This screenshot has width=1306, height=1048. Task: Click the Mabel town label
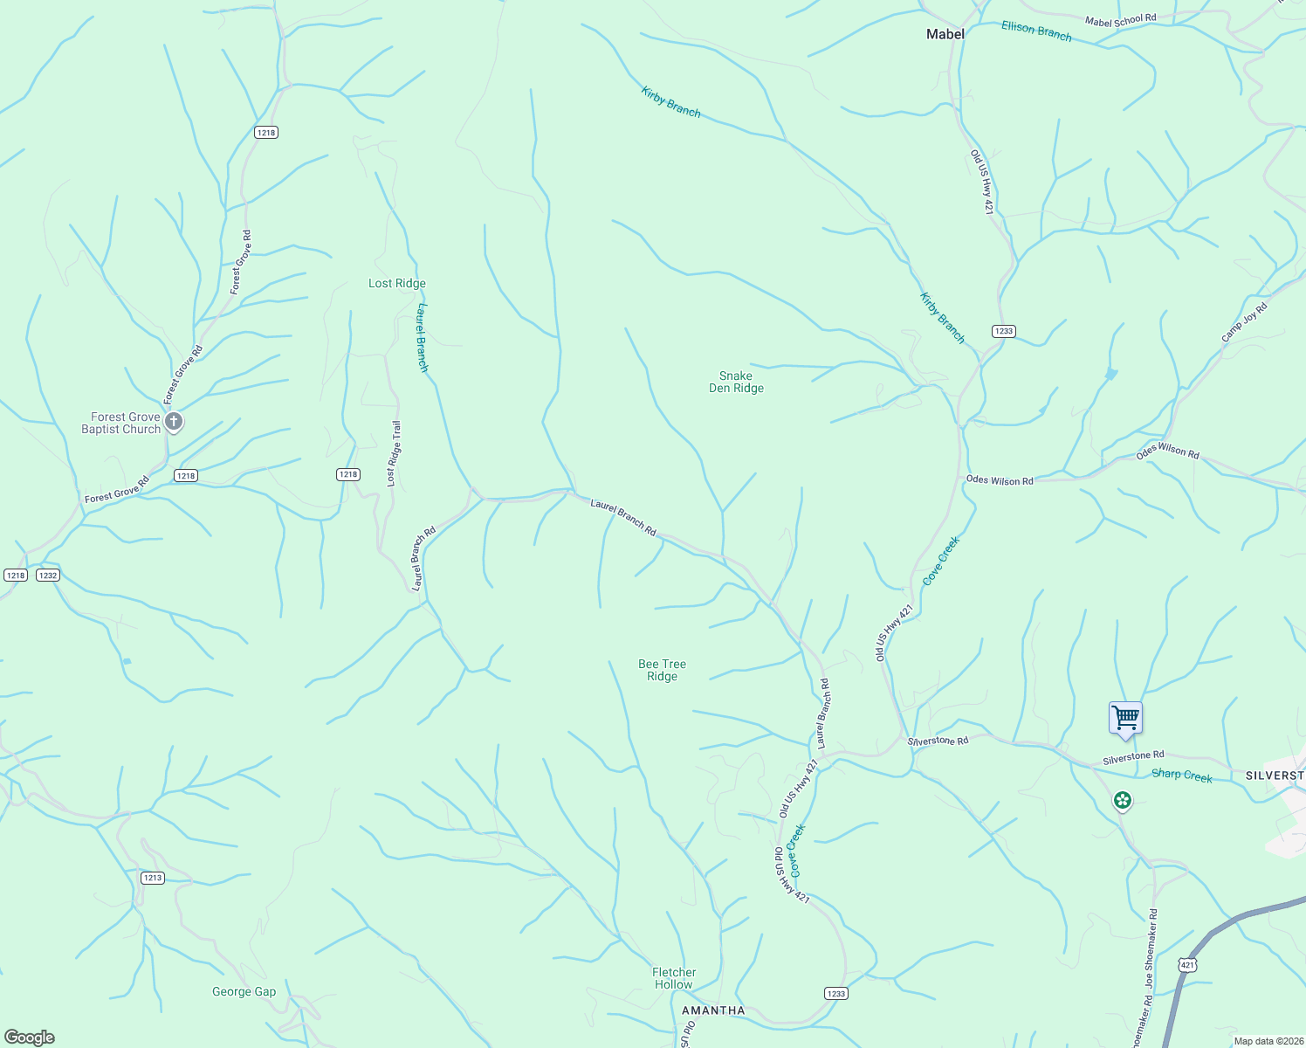pyautogui.click(x=945, y=34)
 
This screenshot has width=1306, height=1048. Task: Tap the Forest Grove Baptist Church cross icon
pyautogui.click(x=174, y=423)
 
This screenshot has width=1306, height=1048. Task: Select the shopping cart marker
pyautogui.click(x=1125, y=718)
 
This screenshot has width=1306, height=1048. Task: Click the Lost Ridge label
pyautogui.click(x=397, y=283)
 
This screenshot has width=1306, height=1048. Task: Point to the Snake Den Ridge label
pyautogui.click(x=736, y=383)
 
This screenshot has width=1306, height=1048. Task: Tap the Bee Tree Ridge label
pyautogui.click(x=662, y=671)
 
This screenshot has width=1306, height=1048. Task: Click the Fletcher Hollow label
pyautogui.click(x=674, y=978)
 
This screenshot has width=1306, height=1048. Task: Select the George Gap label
pyautogui.click(x=244, y=991)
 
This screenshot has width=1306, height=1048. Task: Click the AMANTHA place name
pyautogui.click(x=713, y=1010)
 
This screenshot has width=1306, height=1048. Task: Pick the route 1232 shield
pyautogui.click(x=48, y=575)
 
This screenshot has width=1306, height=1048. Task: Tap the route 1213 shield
pyautogui.click(x=153, y=878)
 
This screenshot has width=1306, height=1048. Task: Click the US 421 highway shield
pyautogui.click(x=1186, y=965)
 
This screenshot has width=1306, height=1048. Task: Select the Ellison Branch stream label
pyautogui.click(x=1036, y=31)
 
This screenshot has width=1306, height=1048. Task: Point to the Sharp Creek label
pyautogui.click(x=1182, y=775)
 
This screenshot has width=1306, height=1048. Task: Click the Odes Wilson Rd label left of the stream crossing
pyautogui.click(x=1000, y=480)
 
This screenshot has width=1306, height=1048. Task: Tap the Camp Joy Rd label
pyautogui.click(x=1244, y=322)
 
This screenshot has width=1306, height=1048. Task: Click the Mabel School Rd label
pyautogui.click(x=1120, y=20)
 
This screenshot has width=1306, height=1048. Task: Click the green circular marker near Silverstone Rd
pyautogui.click(x=1123, y=800)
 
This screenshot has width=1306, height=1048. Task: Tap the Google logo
pyautogui.click(x=30, y=1038)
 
